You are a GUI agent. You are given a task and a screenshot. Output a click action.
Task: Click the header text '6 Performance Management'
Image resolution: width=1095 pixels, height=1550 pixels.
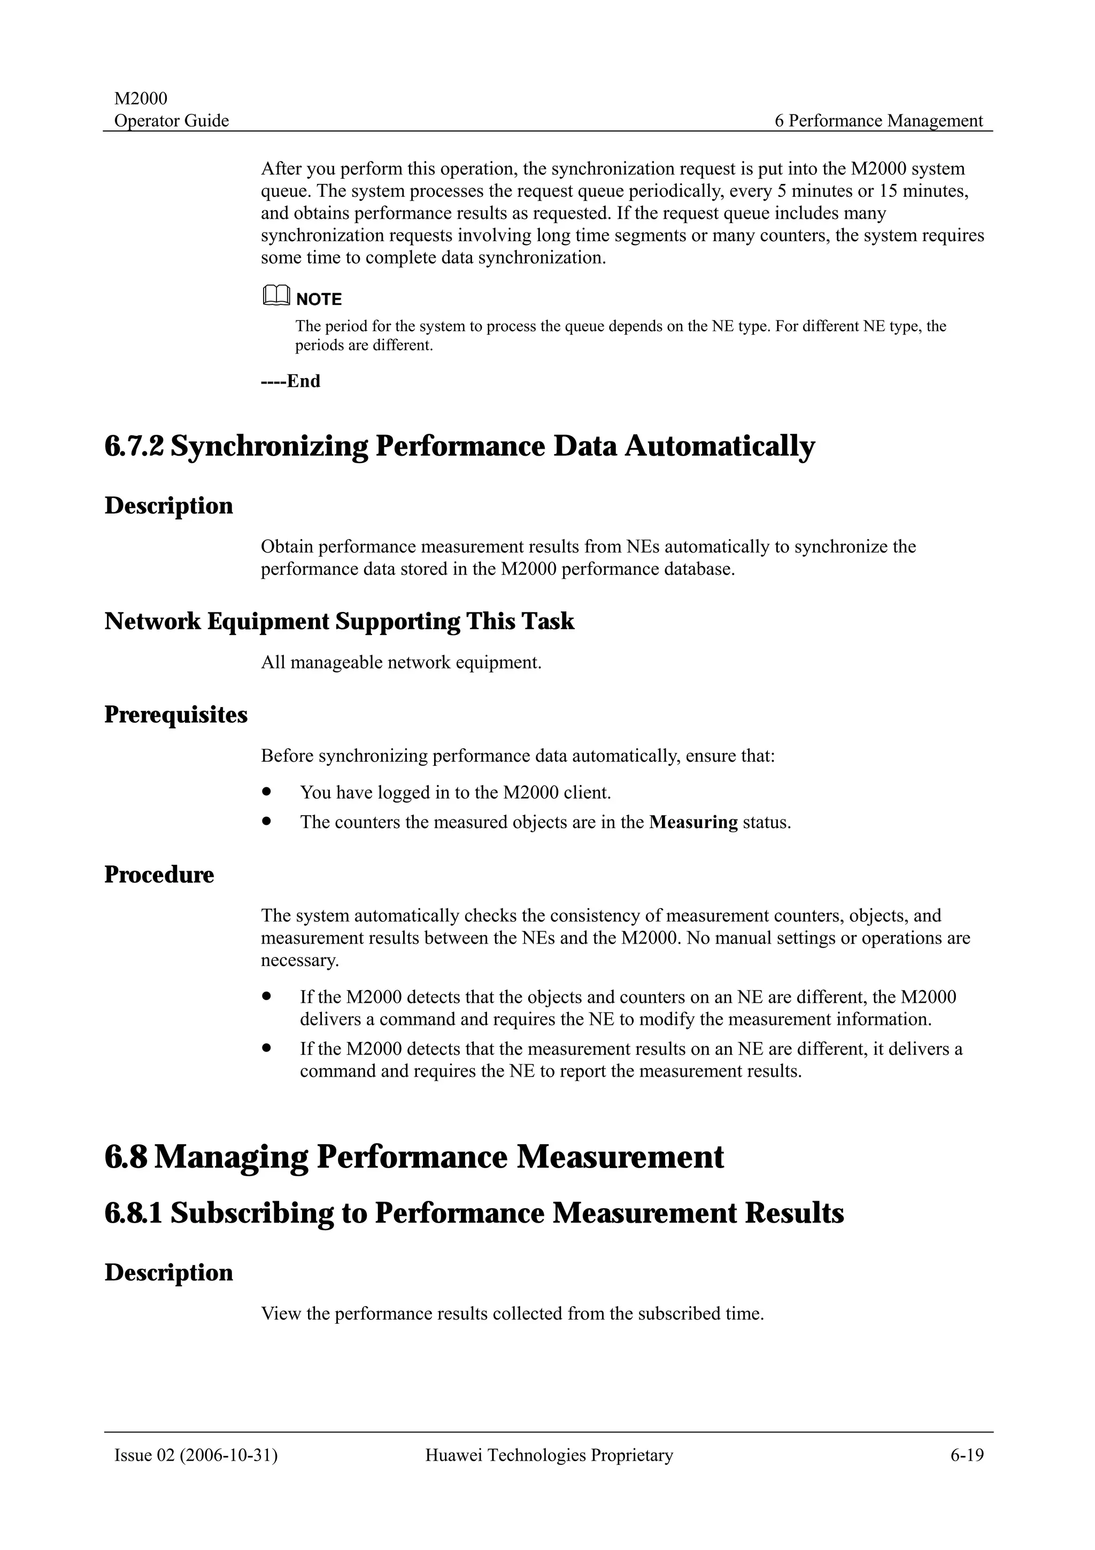click(878, 121)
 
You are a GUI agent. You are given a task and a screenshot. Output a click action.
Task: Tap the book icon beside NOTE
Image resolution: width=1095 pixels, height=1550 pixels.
click(275, 296)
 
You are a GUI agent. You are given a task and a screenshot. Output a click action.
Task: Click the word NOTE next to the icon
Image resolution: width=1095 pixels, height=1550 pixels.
click(319, 299)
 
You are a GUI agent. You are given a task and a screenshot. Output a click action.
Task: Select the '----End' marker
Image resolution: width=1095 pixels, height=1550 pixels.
click(291, 381)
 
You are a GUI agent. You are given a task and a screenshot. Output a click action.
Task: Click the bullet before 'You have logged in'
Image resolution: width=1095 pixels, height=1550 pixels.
click(267, 791)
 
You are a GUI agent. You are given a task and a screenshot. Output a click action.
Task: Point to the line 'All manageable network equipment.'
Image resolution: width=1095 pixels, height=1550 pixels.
click(401, 662)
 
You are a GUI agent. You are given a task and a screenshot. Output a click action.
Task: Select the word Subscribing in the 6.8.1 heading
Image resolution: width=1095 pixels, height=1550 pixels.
click(252, 1213)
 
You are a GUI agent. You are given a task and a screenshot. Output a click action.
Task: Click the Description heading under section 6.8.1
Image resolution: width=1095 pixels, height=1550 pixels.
click(168, 1272)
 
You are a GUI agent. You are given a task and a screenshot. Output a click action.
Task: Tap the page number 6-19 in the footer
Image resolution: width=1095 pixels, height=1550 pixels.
click(967, 1455)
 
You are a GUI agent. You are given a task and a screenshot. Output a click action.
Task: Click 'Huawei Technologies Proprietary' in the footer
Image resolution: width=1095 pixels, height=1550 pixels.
click(549, 1455)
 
